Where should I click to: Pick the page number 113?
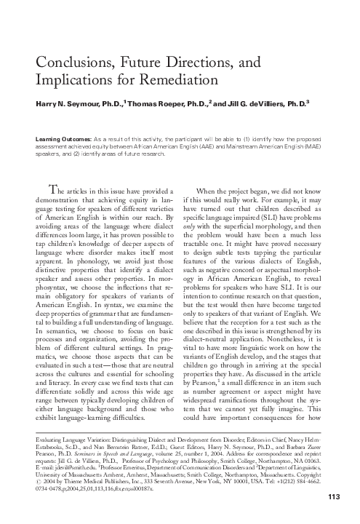click(334, 497)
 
